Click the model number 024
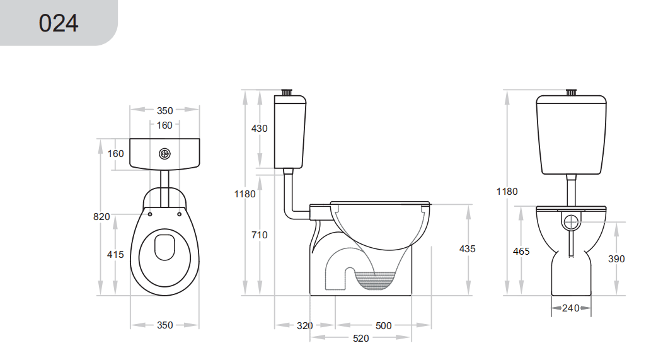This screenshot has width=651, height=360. click(58, 23)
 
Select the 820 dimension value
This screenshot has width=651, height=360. click(101, 217)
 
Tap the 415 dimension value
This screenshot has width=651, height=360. click(115, 255)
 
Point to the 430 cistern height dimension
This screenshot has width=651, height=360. click(259, 129)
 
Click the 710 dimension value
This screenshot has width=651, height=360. click(259, 235)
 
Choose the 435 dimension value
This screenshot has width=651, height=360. click(467, 249)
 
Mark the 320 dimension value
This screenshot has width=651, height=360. click(305, 326)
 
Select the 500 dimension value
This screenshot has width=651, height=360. click(383, 326)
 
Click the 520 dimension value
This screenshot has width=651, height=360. click(360, 339)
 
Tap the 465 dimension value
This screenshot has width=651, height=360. click(521, 252)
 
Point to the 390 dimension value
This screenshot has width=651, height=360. click(616, 259)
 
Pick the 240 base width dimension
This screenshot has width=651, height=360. click(571, 308)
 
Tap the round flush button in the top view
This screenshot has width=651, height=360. click(165, 153)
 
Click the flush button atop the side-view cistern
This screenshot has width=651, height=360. click(288, 92)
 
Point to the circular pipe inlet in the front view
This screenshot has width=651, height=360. click(571, 222)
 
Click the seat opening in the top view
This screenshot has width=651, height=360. click(165, 247)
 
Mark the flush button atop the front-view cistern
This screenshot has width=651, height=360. click(571, 92)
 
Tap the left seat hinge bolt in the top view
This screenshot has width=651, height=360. click(150, 213)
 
